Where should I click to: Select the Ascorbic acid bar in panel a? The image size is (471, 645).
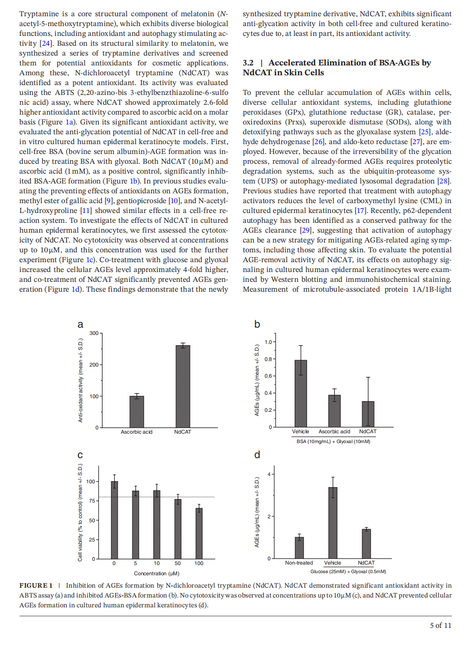point(137,411)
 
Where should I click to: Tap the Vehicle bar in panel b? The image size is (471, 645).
point(301,394)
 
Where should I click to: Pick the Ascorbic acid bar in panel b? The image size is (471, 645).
point(334,411)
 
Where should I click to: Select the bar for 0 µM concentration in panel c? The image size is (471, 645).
point(114,520)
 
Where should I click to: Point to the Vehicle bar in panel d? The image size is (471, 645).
point(333,523)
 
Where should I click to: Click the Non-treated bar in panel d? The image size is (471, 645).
point(299,547)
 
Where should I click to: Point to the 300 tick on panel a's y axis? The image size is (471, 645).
point(94,333)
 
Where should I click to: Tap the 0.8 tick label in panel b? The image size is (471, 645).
point(268,359)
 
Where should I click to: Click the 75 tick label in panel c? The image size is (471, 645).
point(92,501)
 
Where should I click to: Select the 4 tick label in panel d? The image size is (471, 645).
point(269,474)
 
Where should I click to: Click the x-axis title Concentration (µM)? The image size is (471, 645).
point(156,574)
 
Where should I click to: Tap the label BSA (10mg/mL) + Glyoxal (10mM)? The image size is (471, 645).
point(333,441)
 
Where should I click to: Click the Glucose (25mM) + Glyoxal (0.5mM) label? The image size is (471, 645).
point(348,571)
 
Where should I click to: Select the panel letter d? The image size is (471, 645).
point(257,455)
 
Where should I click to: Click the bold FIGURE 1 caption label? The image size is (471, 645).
point(36,586)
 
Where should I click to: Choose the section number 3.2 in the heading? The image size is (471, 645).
point(248,63)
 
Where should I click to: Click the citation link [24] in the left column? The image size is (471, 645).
point(45,43)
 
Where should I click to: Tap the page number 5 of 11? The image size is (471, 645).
point(441,625)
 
